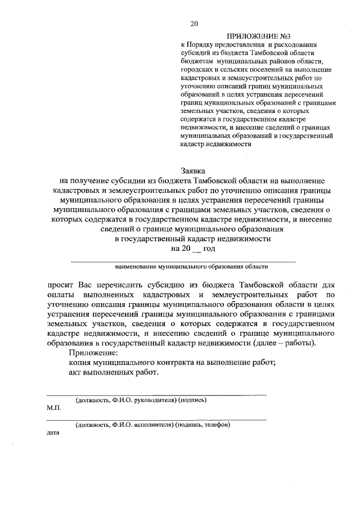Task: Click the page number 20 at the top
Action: click(x=194, y=23)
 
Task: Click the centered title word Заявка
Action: click(x=193, y=169)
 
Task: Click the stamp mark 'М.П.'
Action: click(x=53, y=409)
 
